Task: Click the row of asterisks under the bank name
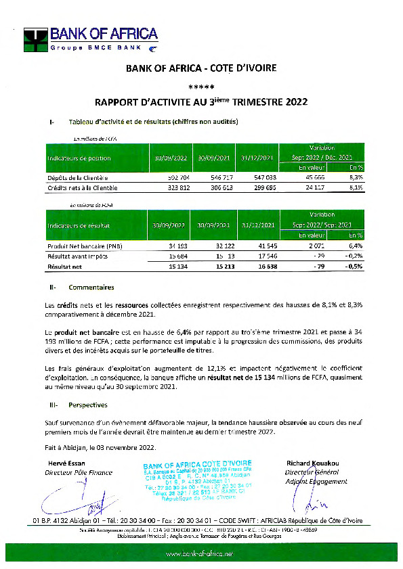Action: (x=201, y=87)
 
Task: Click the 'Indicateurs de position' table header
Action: (x=79, y=158)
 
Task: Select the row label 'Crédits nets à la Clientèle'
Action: (x=82, y=187)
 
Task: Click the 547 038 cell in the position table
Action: (x=257, y=177)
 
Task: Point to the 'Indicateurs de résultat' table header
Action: (x=79, y=225)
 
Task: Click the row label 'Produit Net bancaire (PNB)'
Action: (x=85, y=245)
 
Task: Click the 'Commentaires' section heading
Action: (x=91, y=288)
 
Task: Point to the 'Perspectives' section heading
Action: (x=88, y=405)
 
